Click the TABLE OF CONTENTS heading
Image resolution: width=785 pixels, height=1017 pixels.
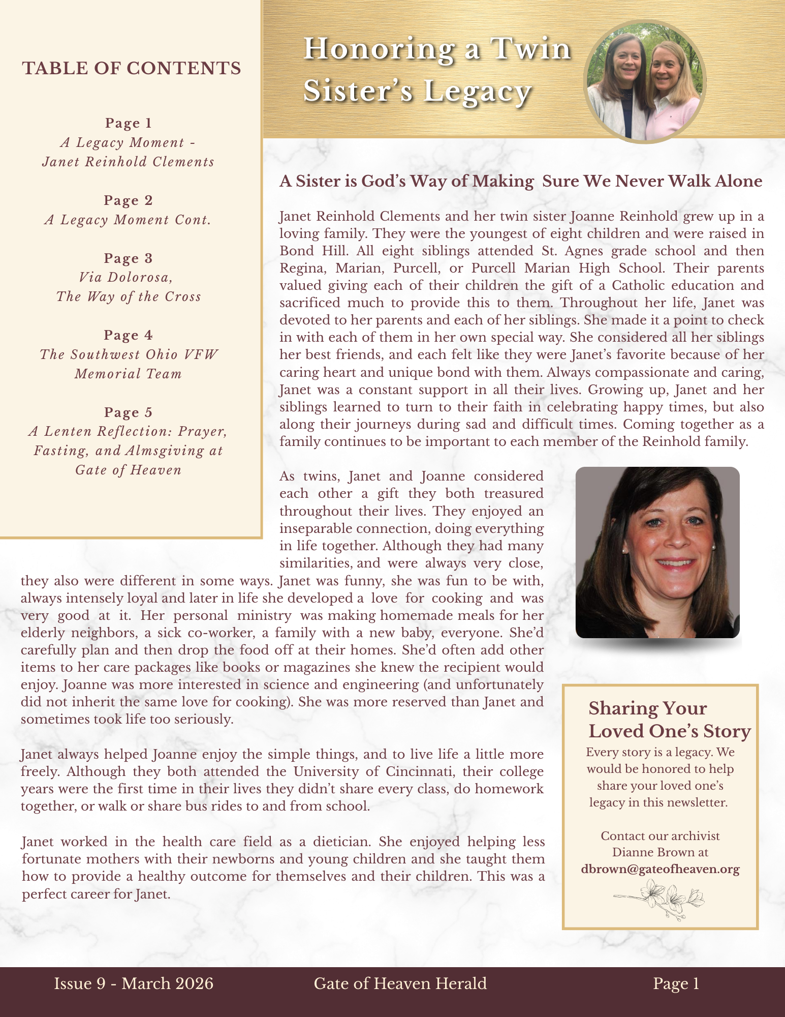point(132,68)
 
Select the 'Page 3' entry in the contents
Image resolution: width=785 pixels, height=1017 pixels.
point(128,258)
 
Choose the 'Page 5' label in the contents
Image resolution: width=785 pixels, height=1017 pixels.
point(128,412)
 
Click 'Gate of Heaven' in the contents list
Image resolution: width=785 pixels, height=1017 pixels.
point(128,469)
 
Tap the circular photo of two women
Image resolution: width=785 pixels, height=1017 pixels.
point(644,81)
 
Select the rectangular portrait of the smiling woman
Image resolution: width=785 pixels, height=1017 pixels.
point(657,552)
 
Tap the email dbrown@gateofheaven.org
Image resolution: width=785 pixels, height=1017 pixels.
point(660,869)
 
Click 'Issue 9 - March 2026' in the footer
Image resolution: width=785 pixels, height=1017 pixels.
point(134,983)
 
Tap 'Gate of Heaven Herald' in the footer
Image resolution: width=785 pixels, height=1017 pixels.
point(400,983)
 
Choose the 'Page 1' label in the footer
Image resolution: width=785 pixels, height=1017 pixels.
point(676,983)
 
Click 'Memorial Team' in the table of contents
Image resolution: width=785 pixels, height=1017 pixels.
point(128,374)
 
